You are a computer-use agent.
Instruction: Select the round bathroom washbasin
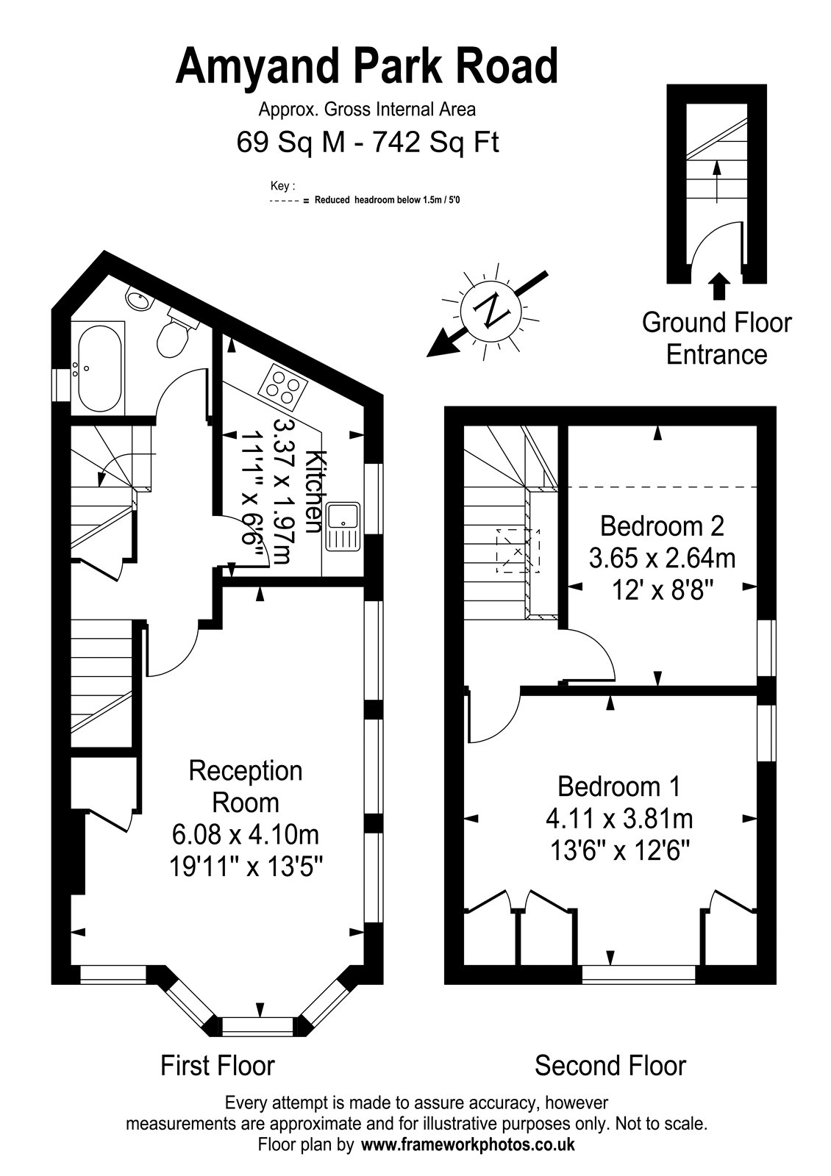coord(138,300)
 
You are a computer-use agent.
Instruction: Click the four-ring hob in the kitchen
coord(282,387)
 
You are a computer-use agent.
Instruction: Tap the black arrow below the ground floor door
coord(718,286)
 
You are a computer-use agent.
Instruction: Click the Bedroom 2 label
coord(662,526)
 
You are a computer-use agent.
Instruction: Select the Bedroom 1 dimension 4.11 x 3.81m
coord(619,818)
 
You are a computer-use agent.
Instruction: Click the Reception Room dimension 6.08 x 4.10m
coord(246,834)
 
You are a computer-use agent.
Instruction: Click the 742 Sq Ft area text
coord(435,142)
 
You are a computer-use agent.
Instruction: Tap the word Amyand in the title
coord(257,67)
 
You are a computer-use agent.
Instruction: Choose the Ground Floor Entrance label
coord(716,339)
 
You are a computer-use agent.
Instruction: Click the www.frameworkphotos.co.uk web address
coord(468,1144)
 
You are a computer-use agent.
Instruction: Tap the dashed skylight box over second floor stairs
coord(518,551)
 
